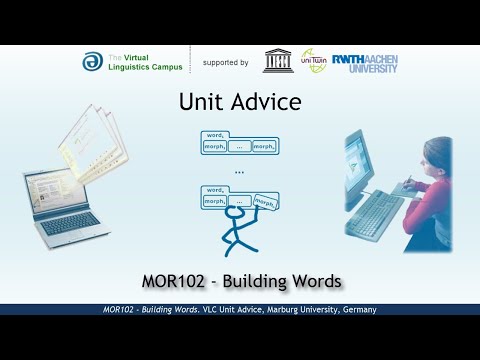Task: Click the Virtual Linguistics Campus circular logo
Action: (91, 61)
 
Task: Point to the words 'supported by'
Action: (225, 62)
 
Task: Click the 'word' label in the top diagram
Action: (213, 134)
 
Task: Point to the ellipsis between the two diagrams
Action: (239, 172)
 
